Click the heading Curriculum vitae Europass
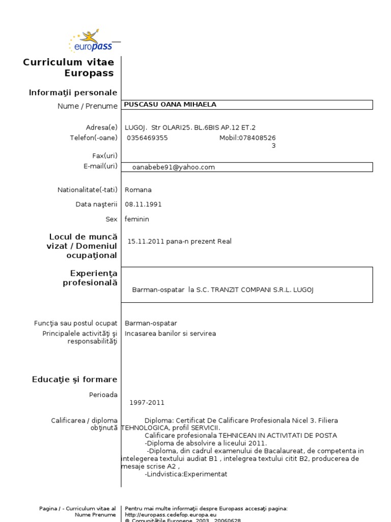69,67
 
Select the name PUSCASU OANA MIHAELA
171,105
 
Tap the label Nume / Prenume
88,106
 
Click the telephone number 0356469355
147,138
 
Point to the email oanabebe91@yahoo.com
173,167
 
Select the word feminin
137,219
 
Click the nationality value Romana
138,190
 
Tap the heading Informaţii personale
73,92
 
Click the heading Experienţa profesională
90,278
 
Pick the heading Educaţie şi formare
74,379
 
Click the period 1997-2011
147,402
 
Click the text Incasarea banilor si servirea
170,333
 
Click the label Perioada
103,395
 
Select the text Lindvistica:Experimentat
186,474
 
